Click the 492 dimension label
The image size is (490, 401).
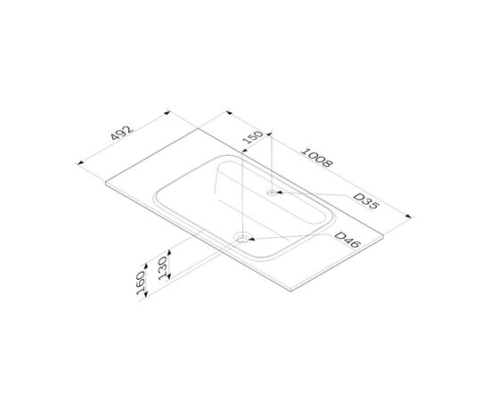pos(122,133)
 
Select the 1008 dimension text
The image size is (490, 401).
pos(316,158)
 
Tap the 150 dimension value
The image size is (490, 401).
pos(253,137)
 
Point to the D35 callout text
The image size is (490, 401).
pos(366,201)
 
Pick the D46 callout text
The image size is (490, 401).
pos(347,240)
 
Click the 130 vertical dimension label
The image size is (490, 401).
pos(163,268)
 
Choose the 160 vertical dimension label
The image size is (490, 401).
pos(141,282)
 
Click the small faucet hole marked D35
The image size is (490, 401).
pos(272,192)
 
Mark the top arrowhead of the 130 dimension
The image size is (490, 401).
pos(169,252)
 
